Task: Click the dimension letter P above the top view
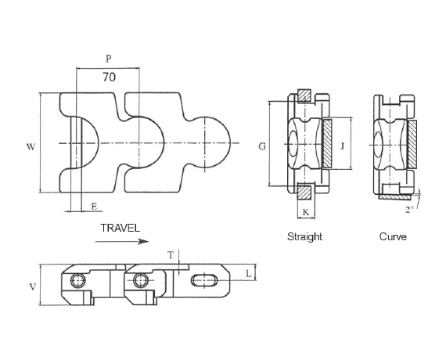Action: click(x=109, y=59)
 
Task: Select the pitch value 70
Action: click(x=110, y=77)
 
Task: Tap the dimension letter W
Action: click(x=31, y=147)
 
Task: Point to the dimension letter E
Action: click(x=95, y=207)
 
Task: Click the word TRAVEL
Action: click(x=120, y=228)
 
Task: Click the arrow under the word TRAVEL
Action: click(x=122, y=242)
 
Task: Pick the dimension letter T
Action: click(x=171, y=255)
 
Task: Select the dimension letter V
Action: click(x=33, y=287)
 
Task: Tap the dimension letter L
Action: click(x=249, y=274)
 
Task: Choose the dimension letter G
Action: click(x=262, y=146)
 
